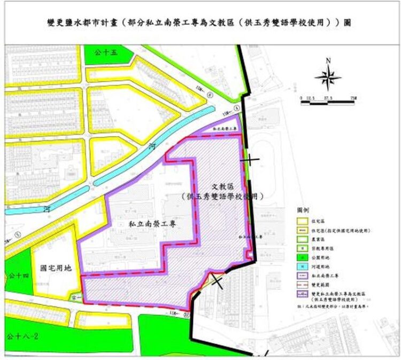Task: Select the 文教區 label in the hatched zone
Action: coord(223,186)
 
